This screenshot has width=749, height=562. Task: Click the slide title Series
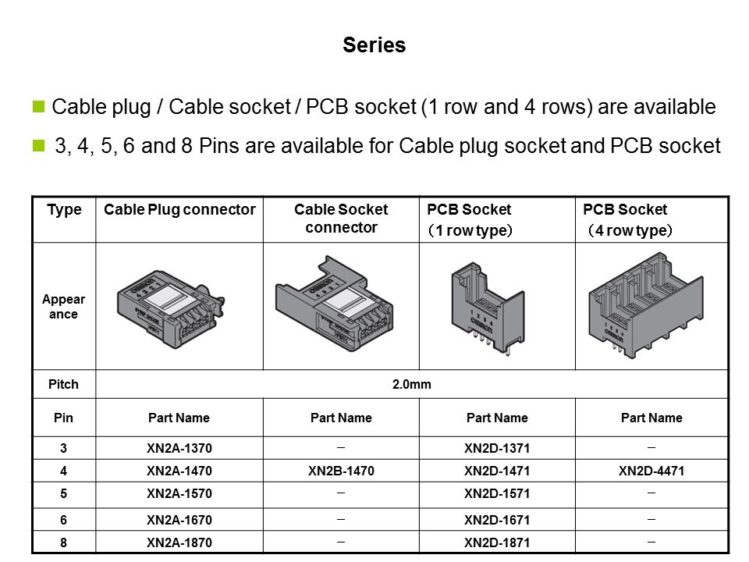(x=374, y=45)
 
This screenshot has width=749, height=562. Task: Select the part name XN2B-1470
(x=341, y=471)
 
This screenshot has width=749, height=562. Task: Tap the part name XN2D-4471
(x=651, y=471)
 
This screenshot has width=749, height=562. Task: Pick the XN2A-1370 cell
(x=179, y=448)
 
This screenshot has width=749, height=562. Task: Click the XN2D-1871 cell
(x=497, y=543)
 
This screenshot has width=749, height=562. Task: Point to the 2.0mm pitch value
(x=412, y=384)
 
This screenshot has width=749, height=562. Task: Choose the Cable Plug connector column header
(x=179, y=210)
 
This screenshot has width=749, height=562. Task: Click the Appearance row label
(x=63, y=306)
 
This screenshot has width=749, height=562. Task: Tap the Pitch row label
(x=63, y=384)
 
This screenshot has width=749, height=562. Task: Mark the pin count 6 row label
(x=63, y=520)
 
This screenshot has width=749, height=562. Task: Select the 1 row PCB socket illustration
(x=488, y=308)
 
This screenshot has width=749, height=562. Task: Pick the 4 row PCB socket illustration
(x=646, y=305)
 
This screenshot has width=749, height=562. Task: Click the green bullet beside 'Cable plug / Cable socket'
(x=38, y=106)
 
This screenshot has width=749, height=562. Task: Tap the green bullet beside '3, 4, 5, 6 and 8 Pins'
(x=38, y=145)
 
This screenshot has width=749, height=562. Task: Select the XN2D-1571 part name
(x=497, y=493)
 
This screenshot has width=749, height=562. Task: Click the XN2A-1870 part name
(x=179, y=543)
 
